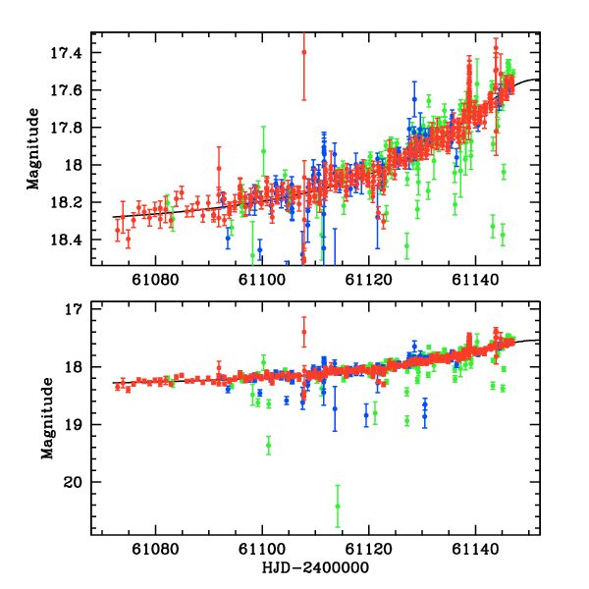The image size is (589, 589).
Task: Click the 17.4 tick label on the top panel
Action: point(72,52)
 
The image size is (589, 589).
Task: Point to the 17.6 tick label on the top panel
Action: point(72,89)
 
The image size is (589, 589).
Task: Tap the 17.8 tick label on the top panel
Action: point(72,127)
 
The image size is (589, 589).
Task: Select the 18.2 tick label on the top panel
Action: point(72,202)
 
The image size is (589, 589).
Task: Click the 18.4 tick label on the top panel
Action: point(72,240)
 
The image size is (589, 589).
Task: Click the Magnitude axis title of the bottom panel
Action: point(47,417)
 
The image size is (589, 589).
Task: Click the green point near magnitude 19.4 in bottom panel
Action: point(268,446)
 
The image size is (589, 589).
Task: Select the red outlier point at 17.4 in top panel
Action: point(303,52)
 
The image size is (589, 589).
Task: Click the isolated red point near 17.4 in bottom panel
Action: point(303,332)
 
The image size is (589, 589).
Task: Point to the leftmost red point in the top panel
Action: point(117,231)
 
